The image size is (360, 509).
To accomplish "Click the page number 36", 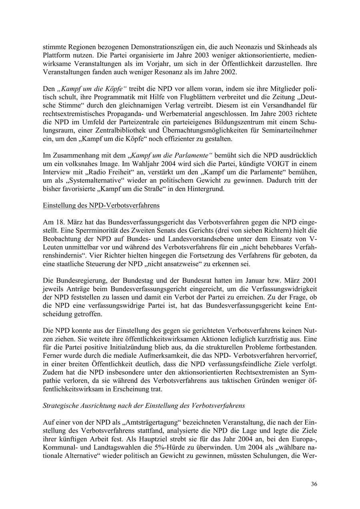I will (x=314, y=484).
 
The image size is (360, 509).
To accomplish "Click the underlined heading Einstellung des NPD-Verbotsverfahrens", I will (x=101, y=206).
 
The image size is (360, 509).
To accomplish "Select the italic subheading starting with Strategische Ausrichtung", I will (x=144, y=405).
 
